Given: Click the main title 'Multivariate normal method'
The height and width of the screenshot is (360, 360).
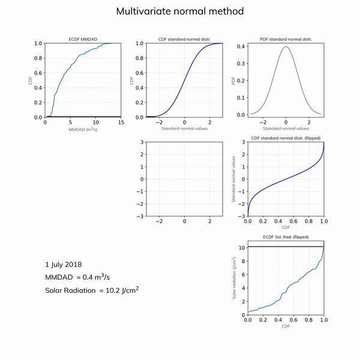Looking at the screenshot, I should coord(180,11).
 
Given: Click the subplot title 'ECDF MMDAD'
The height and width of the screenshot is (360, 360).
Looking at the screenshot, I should coord(83,39).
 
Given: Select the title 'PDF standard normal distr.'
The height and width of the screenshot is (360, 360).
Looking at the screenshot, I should coord(286,39).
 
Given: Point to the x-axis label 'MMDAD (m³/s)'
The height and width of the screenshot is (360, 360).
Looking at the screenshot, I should coord(83,129).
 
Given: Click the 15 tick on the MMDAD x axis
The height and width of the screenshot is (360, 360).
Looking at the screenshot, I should coord(121,122).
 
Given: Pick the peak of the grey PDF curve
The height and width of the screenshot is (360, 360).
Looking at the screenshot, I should coord(286,47).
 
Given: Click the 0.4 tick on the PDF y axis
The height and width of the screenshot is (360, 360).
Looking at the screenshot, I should coord(241,46).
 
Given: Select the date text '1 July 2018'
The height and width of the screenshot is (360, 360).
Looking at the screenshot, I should coord(64,264).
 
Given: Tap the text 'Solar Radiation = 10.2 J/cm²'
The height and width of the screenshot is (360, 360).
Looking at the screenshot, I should coord(92,291).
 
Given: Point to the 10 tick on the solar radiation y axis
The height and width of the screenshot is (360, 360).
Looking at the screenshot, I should coord(241,247).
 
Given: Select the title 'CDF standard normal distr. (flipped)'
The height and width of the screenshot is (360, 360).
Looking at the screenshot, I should coord(286,138).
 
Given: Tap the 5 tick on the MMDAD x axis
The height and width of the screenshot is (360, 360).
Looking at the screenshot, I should coord(70,122).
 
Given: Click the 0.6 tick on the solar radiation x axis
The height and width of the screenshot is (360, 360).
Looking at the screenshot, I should coord(293,320).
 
